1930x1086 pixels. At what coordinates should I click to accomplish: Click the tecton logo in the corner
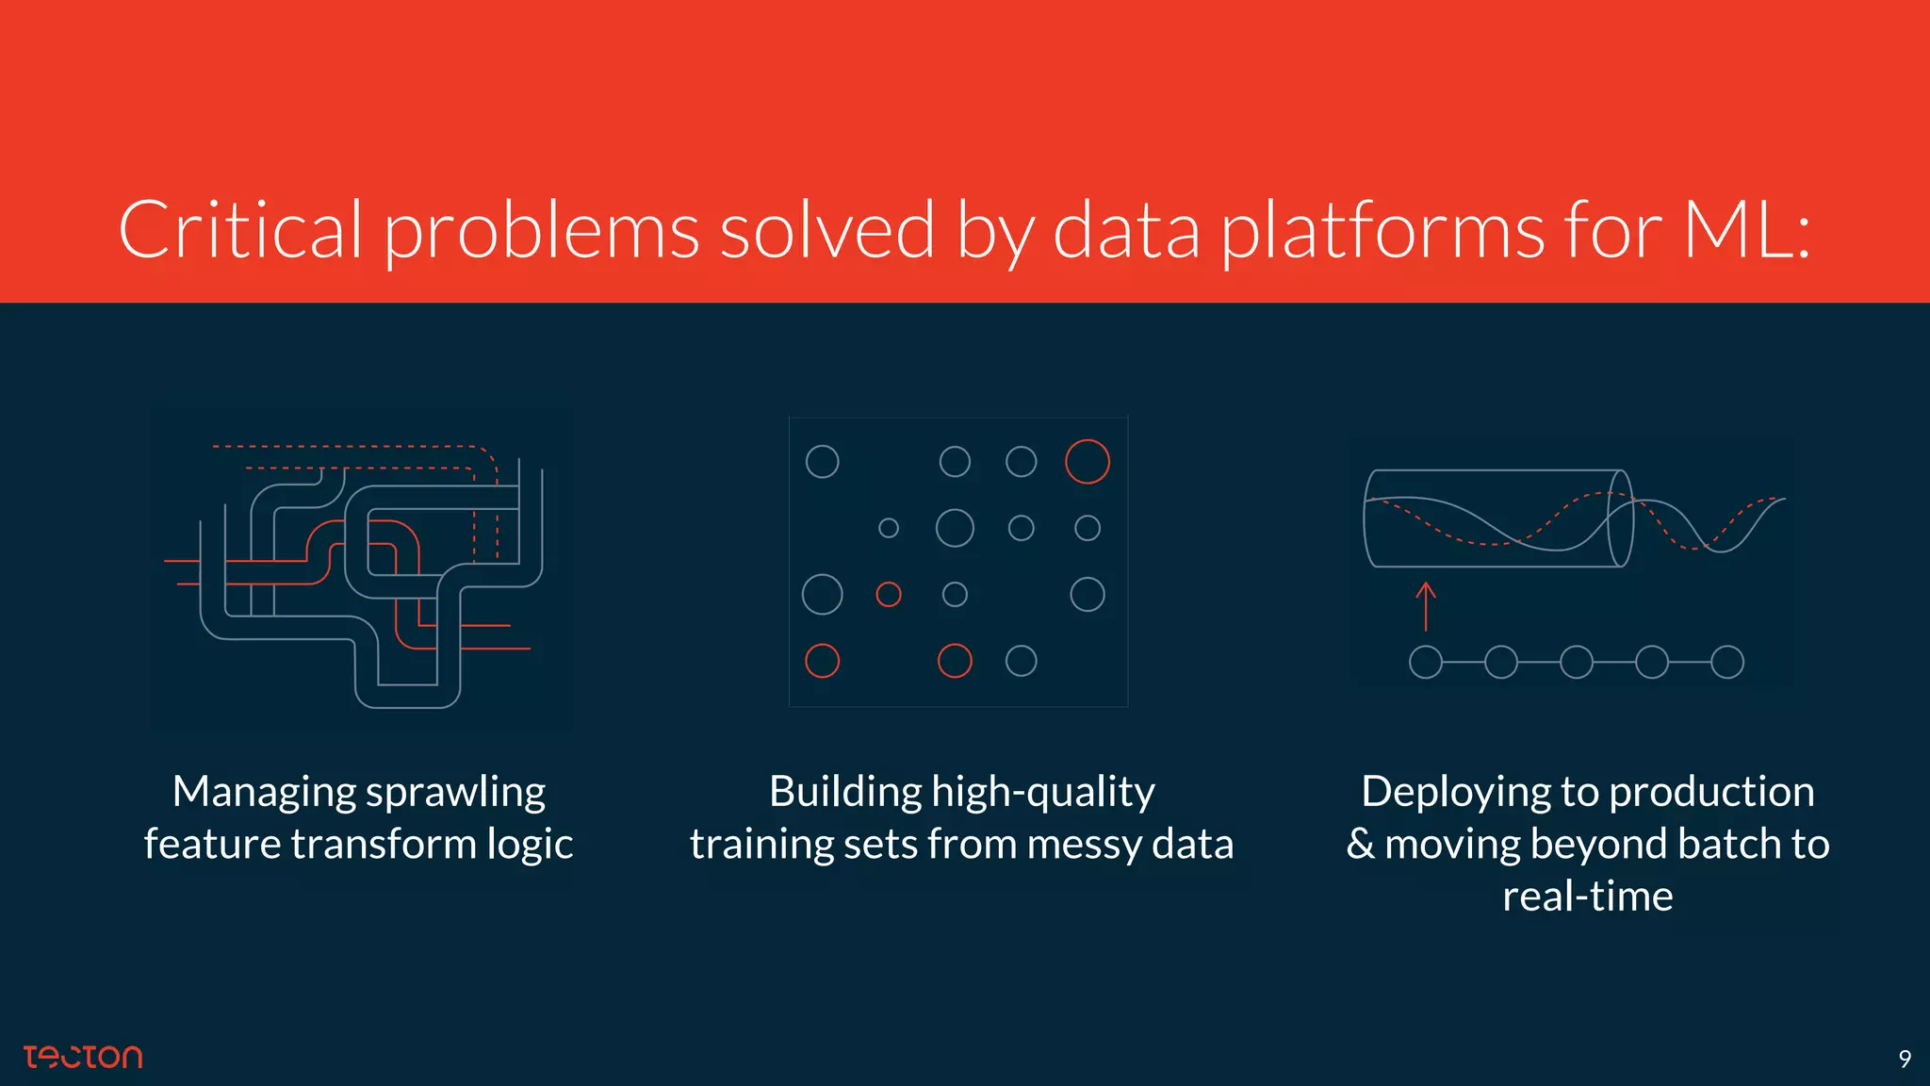(83, 1057)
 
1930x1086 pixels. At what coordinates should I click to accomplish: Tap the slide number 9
(1905, 1060)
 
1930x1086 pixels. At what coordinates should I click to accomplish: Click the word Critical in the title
(239, 230)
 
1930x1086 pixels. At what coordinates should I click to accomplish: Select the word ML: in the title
(1746, 230)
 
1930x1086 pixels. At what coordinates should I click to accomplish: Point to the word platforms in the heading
(1382, 232)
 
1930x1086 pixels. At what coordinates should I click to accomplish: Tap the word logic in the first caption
(530, 845)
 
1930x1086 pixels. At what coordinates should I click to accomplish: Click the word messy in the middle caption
(1084, 845)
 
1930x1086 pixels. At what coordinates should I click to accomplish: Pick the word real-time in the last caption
(1587, 897)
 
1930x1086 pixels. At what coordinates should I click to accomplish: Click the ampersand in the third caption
(1360, 845)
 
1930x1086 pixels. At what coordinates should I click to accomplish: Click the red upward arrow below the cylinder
(1426, 606)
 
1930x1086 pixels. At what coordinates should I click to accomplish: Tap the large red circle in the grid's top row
(1087, 462)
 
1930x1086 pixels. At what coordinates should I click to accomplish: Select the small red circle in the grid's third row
(889, 594)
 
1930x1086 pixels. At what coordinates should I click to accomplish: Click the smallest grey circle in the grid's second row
(889, 528)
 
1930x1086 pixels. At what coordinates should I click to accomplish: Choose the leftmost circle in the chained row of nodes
(1426, 662)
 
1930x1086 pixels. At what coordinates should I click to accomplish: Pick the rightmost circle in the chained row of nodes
(1727, 662)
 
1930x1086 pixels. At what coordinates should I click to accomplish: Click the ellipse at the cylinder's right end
(1620, 518)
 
